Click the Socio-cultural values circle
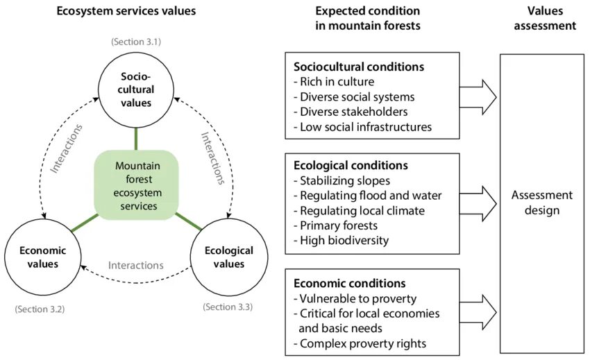pyautogui.click(x=136, y=89)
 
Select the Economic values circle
pyautogui.click(x=43, y=258)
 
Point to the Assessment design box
pyautogui.click(x=541, y=202)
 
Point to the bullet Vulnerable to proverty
pyautogui.click(x=355, y=298)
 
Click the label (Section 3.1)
pyautogui.click(x=136, y=42)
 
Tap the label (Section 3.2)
pyautogui.click(x=39, y=308)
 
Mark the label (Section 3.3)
pyautogui.click(x=228, y=306)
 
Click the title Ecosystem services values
pyautogui.click(x=126, y=11)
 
